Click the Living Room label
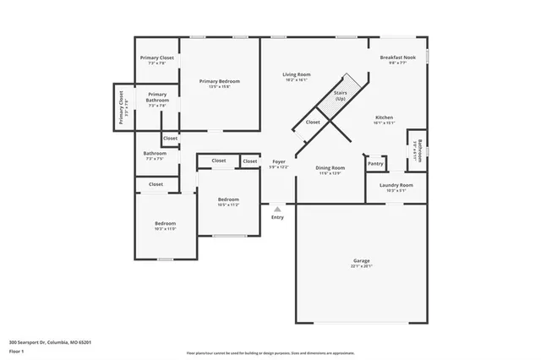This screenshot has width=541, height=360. pyautogui.click(x=296, y=74)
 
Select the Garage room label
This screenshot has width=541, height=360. pyautogui.click(x=362, y=260)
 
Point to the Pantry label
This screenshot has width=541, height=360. pyautogui.click(x=375, y=163)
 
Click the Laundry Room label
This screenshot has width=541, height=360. pyautogui.click(x=396, y=185)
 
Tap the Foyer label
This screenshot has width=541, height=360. pyautogui.click(x=278, y=161)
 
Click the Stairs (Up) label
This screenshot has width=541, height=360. pyautogui.click(x=341, y=95)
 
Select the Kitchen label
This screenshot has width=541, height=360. pyautogui.click(x=384, y=117)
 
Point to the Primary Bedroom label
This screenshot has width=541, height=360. pyautogui.click(x=220, y=81)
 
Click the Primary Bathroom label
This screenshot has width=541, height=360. pyautogui.click(x=157, y=97)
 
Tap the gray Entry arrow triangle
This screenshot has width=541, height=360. pyautogui.click(x=277, y=209)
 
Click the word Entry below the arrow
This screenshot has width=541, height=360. pyautogui.click(x=277, y=218)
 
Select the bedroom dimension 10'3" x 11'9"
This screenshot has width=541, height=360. pyautogui.click(x=165, y=229)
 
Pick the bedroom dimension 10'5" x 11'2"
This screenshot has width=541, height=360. pyautogui.click(x=228, y=205)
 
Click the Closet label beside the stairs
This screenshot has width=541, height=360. pyautogui.click(x=313, y=122)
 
